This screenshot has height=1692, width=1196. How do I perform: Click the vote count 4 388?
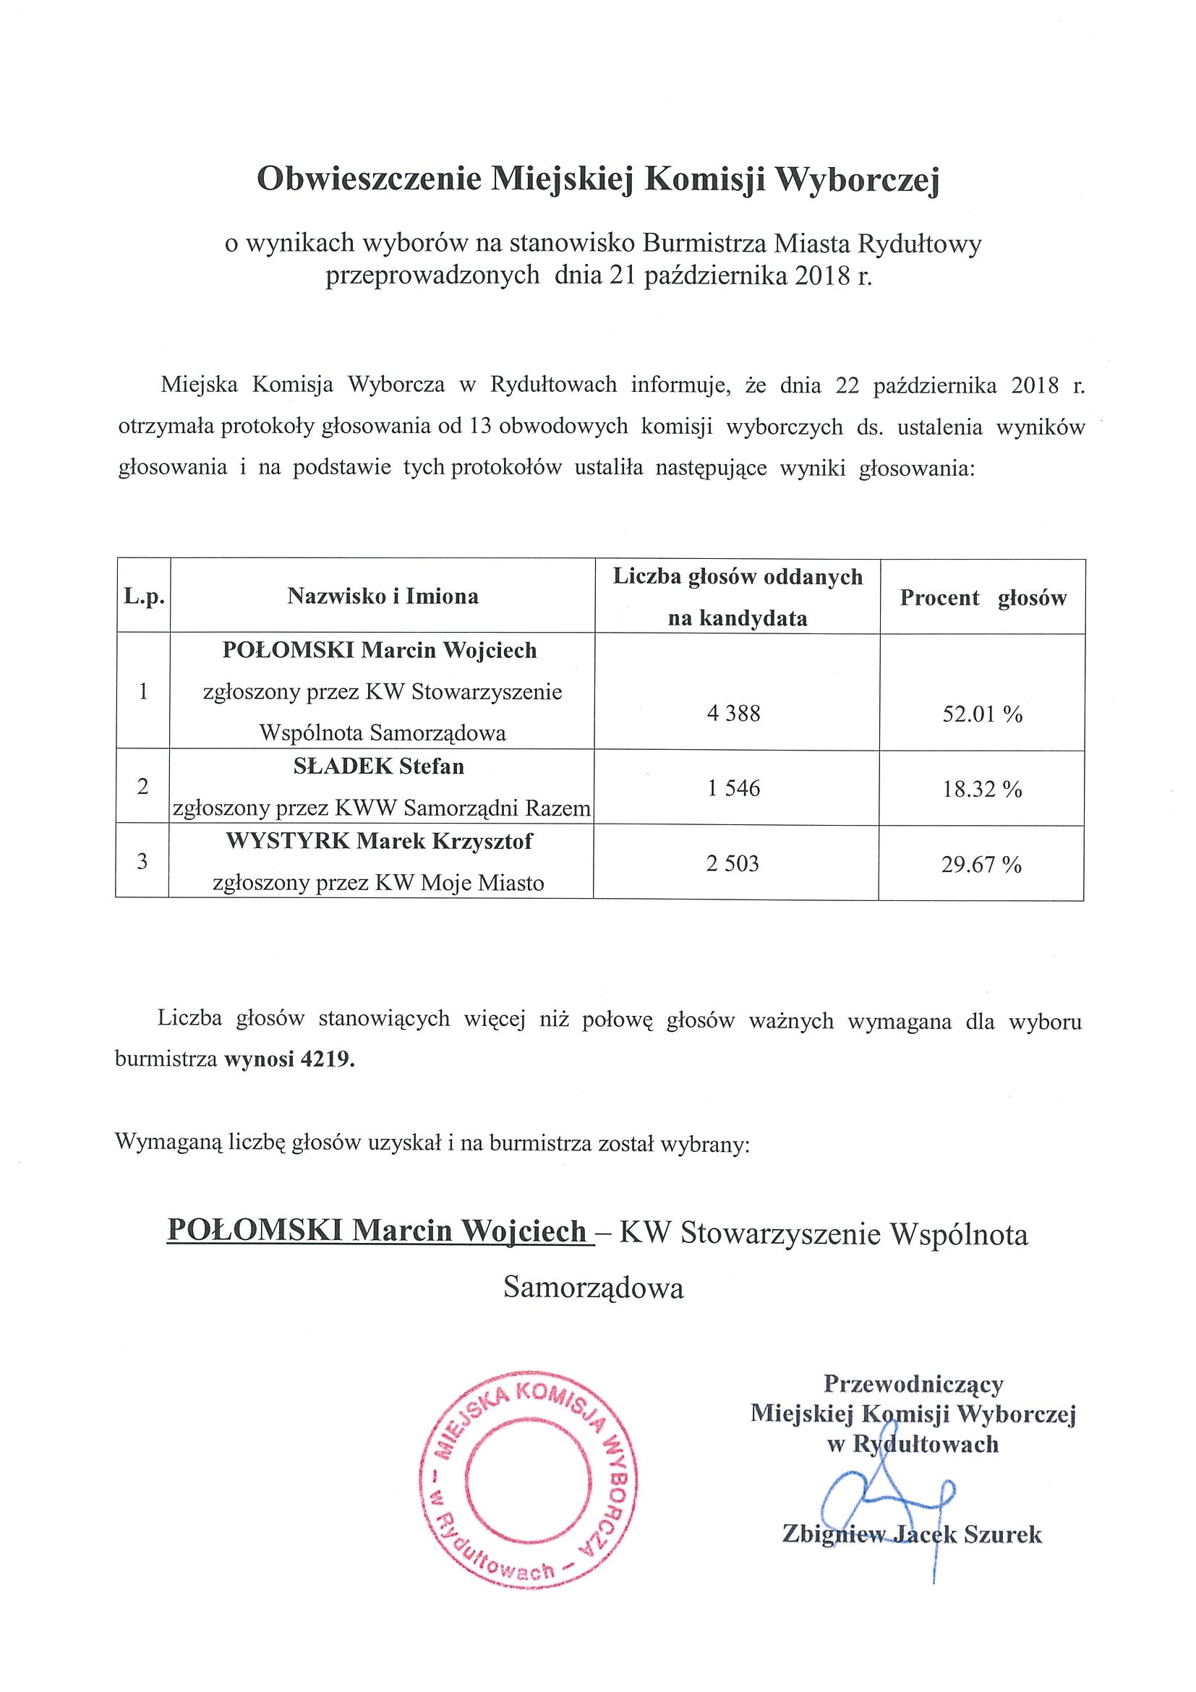pos(733,714)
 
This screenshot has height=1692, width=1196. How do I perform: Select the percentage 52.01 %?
pos(982,714)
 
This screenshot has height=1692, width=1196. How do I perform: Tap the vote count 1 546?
pos(733,789)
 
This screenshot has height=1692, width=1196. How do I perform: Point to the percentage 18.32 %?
pos(981,790)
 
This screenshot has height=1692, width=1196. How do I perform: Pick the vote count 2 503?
pos(732,863)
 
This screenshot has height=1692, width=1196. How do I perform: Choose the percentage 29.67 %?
pos(981,864)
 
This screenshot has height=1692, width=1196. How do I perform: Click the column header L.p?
pos(144,597)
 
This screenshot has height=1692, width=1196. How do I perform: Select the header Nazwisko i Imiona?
pos(383,597)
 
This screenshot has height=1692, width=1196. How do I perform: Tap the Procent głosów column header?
pos(983,598)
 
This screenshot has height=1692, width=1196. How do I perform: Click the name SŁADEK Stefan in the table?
pos(380,766)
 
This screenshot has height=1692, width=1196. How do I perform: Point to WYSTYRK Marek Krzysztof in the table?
pos(380,841)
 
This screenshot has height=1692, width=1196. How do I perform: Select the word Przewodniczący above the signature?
pos(913,1384)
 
